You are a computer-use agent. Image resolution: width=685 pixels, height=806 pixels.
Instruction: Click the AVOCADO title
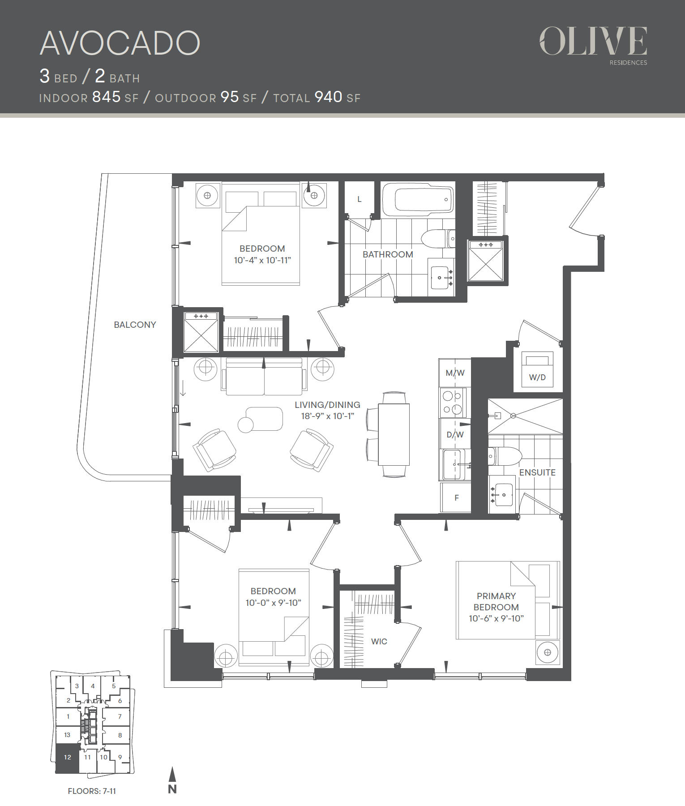click(x=120, y=43)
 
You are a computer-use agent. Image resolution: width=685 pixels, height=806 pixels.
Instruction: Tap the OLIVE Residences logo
click(x=593, y=45)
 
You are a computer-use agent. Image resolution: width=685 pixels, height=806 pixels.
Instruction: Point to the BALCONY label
click(x=135, y=325)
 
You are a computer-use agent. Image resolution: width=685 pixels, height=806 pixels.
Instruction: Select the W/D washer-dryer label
click(x=537, y=377)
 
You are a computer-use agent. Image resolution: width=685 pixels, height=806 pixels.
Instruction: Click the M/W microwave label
click(x=455, y=373)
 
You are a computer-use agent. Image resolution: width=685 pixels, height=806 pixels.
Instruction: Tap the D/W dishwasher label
click(x=455, y=434)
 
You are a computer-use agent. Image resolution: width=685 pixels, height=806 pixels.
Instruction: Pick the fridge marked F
click(x=456, y=497)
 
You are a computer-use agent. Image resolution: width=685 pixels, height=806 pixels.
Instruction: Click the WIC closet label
click(x=379, y=641)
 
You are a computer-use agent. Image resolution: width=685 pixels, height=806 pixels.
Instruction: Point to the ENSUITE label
click(x=537, y=472)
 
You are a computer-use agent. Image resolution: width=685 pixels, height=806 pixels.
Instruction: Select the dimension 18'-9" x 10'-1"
click(x=327, y=416)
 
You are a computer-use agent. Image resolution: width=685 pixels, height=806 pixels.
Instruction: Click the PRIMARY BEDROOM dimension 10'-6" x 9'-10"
click(x=496, y=618)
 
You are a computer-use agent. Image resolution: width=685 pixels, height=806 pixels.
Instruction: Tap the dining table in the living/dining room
click(x=394, y=435)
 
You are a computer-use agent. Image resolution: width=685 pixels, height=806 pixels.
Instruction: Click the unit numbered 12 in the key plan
click(x=67, y=758)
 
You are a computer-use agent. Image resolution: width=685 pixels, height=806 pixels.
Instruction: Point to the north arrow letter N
click(x=172, y=789)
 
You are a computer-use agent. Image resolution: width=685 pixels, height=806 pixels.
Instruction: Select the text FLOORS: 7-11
click(x=92, y=791)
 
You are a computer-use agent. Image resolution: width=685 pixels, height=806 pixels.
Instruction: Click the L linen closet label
click(x=359, y=199)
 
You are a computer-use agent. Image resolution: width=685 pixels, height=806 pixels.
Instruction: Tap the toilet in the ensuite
click(x=505, y=456)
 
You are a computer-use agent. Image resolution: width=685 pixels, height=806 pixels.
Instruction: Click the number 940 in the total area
click(x=328, y=97)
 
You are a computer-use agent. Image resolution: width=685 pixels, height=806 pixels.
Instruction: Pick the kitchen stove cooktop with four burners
click(x=453, y=402)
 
